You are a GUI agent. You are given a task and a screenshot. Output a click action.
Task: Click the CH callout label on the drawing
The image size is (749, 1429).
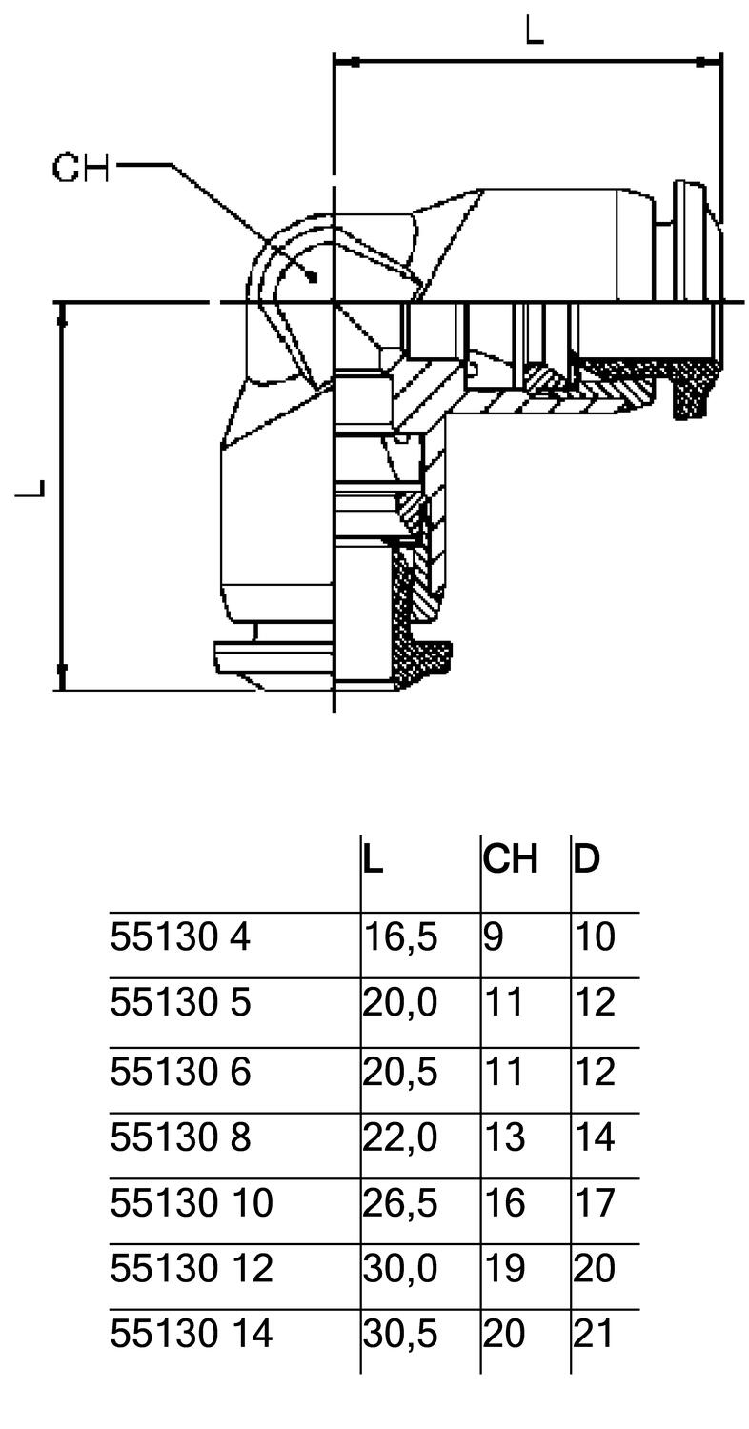(81, 168)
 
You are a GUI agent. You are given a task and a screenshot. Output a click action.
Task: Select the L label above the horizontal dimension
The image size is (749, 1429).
(535, 30)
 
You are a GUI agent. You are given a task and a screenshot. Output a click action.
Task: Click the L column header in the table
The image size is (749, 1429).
(374, 859)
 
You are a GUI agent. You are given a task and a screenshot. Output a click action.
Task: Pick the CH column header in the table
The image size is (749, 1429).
(511, 859)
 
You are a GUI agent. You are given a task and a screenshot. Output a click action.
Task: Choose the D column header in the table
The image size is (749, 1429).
(587, 859)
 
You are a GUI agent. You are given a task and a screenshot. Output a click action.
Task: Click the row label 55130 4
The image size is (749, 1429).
(180, 937)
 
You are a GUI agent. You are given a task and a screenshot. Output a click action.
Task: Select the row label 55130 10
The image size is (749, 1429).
(192, 1203)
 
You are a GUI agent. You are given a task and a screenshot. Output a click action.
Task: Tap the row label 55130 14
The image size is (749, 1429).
(192, 1334)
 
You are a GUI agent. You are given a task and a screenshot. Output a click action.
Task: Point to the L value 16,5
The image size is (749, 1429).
(400, 938)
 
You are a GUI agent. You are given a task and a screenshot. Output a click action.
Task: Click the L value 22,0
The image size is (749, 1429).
(400, 1137)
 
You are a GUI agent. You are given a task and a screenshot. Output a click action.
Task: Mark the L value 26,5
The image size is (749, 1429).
(400, 1203)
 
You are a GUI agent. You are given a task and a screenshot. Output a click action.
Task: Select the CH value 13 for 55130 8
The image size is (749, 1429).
(504, 1137)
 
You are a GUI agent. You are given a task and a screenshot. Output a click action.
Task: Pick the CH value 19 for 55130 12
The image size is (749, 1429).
(504, 1269)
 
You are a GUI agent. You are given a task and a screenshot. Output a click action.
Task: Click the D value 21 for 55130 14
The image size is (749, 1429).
(595, 1334)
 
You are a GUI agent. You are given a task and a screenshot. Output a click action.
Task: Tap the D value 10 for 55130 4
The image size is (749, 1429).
(595, 937)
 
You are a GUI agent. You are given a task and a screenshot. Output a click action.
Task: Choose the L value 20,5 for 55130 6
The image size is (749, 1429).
(400, 1073)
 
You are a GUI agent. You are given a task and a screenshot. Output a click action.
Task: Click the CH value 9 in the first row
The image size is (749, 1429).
(493, 937)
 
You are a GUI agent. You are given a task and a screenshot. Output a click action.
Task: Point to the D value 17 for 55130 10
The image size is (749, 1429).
(595, 1203)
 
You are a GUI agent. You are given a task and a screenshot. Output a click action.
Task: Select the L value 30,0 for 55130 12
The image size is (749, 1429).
(400, 1269)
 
